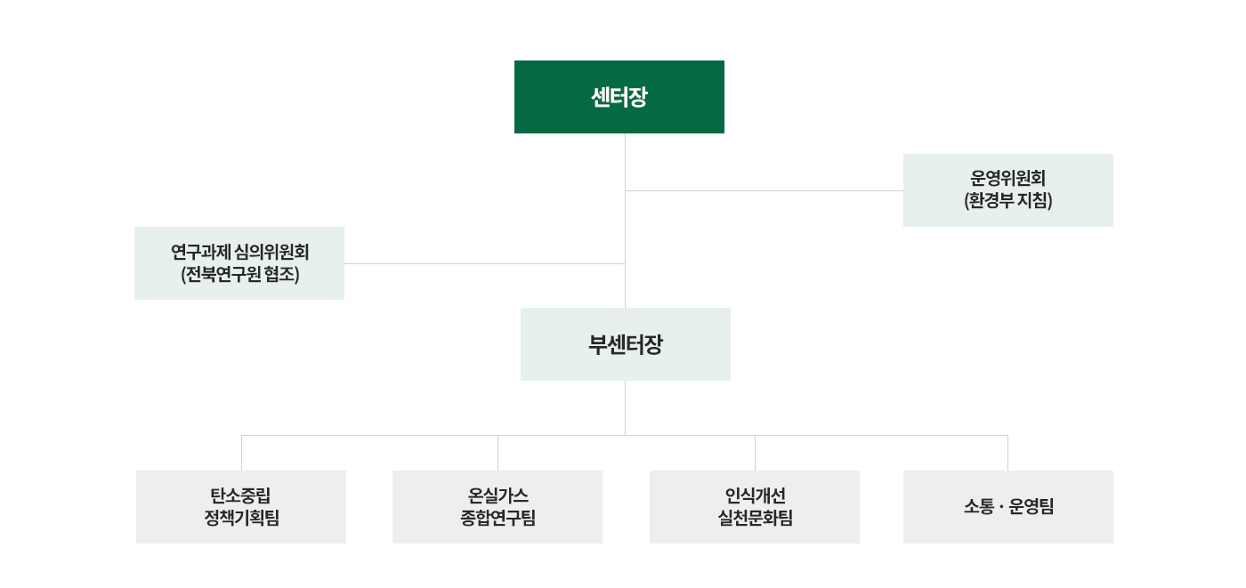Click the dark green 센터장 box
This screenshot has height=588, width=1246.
[619, 97]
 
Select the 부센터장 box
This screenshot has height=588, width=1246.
[625, 344]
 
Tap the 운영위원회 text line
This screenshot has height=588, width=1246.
[1007, 179]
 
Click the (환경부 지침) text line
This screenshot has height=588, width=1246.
[1007, 200]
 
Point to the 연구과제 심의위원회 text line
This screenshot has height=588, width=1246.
[239, 253]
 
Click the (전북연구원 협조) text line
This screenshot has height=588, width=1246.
[239, 274]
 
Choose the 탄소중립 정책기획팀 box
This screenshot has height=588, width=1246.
[241, 507]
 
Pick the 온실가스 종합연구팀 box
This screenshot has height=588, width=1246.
[498, 507]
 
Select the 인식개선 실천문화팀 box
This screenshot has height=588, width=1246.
[755, 507]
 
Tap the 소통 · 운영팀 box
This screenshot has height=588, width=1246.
[1007, 507]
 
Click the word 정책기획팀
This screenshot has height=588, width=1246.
[241, 518]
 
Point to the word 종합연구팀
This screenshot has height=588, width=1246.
[498, 518]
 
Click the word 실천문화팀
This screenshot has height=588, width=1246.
[755, 518]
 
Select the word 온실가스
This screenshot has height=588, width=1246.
[498, 495]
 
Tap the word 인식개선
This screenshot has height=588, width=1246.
[755, 495]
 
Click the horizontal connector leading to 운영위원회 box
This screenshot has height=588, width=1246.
[765, 190]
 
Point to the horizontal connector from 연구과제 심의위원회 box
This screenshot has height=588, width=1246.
[484, 263]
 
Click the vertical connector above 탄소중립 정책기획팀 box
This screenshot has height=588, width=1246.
[241, 453]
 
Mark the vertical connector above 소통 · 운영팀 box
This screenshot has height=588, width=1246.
[1007, 453]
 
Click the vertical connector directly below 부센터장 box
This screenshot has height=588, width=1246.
[625, 408]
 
